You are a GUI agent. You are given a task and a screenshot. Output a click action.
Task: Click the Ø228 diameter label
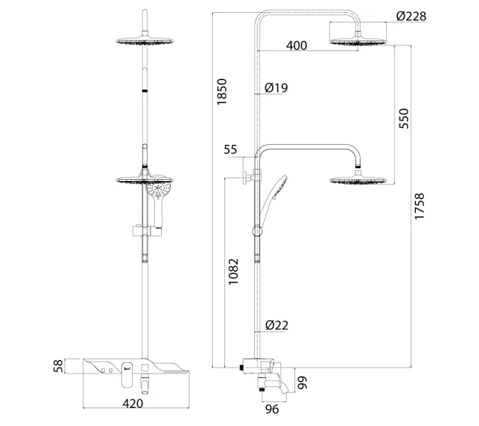[411, 16]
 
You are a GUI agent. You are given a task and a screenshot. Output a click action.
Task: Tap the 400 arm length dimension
[297, 45]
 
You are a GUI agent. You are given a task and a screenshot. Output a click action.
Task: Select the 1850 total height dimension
[222, 92]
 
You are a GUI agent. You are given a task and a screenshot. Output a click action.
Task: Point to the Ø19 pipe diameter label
[276, 88]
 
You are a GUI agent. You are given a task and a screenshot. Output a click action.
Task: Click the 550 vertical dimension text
[404, 119]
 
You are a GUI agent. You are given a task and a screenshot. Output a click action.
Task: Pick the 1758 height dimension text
[419, 206]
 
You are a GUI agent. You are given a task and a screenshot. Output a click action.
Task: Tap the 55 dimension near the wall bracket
[231, 149]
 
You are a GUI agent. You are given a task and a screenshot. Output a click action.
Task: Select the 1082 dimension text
[233, 272]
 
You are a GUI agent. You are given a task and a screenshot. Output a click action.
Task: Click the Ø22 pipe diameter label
[277, 325]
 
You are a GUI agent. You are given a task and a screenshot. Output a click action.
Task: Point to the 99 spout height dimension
[302, 383]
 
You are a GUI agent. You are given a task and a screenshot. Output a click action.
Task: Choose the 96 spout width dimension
[272, 409]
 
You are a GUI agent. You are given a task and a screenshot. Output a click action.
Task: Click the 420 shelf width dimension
[133, 404]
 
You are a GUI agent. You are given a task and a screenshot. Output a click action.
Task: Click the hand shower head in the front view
[158, 190]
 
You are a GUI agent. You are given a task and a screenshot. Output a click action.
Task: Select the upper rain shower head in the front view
[145, 41]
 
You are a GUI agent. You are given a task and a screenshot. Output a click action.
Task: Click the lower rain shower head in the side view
[358, 180]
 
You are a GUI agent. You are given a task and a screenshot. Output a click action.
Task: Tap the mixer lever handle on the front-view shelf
[127, 375]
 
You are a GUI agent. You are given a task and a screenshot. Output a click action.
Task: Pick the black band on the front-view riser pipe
[145, 91]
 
